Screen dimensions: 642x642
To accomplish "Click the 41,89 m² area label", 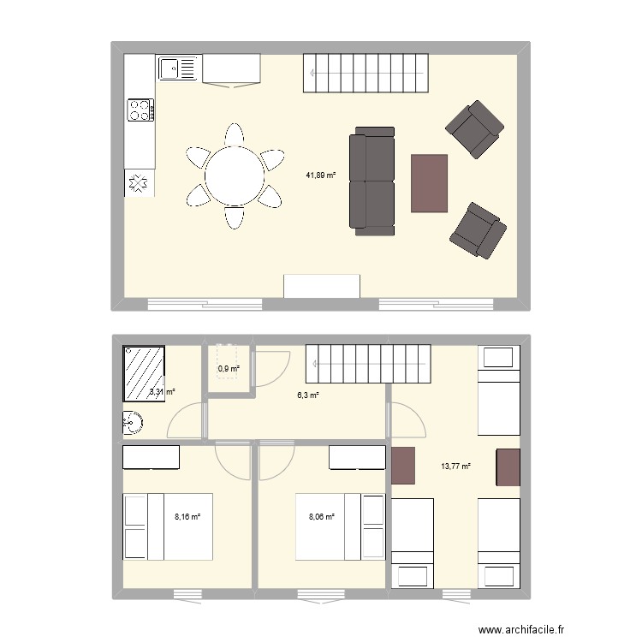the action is point(321,175).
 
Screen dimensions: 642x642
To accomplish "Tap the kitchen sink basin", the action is point(169,68).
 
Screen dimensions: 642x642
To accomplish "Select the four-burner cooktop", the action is point(141,110).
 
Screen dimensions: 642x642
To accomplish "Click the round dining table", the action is point(235,176).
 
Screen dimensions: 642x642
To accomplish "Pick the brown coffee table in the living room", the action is point(429,183).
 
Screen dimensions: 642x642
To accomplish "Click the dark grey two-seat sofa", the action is point(372,181).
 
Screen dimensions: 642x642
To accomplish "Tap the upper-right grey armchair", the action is point(475,130).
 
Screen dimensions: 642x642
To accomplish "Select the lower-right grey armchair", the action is point(479,230).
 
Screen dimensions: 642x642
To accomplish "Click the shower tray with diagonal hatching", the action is point(144,373).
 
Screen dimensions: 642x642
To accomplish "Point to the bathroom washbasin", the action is point(133,423).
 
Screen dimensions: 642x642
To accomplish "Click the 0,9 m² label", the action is point(229,369).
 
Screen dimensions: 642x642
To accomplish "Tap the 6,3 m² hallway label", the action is point(308,395).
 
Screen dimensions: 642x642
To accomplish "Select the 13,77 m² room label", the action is point(455,466).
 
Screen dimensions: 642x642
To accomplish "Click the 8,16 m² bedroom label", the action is point(187,517).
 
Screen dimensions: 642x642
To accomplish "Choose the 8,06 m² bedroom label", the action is point(322,517).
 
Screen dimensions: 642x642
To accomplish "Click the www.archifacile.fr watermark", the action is point(521,629).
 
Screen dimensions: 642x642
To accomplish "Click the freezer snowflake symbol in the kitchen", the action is point(139,183).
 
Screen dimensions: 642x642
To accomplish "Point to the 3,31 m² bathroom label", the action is point(162,392).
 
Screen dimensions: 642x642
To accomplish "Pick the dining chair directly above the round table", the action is point(235,134).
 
